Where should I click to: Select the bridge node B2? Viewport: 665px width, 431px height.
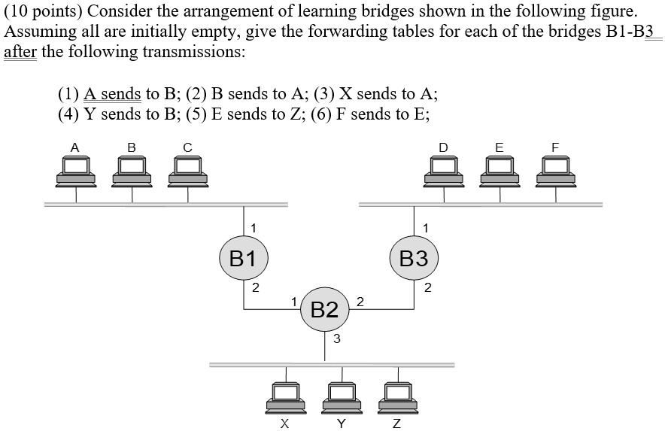point(324,308)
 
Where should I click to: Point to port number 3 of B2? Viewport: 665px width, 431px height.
point(336,339)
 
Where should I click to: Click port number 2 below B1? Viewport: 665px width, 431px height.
point(254,287)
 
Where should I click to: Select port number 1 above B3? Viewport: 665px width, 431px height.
point(426,226)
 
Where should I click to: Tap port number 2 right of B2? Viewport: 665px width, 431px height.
point(360,302)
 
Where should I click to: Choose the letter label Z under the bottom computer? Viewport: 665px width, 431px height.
point(397,423)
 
